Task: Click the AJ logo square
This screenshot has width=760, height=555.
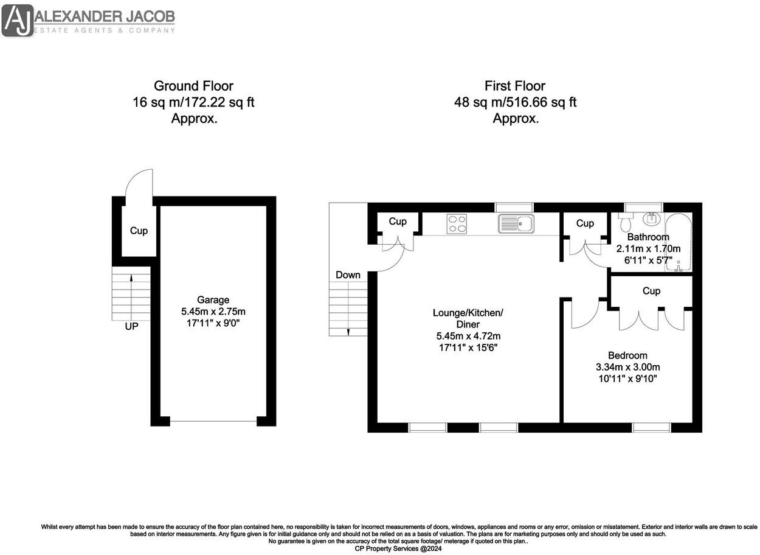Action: click(18, 19)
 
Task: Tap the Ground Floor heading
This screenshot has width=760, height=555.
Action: click(193, 86)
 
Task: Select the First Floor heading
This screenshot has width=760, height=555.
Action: click(514, 86)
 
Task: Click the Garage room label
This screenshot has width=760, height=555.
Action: click(213, 299)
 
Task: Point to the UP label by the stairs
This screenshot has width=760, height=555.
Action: click(131, 326)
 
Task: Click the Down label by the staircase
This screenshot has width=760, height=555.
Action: click(348, 275)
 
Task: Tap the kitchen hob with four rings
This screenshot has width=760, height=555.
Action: click(457, 224)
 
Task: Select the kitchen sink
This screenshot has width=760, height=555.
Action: click(515, 224)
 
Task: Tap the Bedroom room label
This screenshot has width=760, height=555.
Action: click(627, 355)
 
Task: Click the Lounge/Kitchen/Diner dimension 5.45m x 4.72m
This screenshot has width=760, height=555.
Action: click(468, 336)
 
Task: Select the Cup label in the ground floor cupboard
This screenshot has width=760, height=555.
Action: click(139, 231)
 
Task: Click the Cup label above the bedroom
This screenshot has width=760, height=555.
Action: click(651, 291)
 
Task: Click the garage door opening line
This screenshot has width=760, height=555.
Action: click(213, 421)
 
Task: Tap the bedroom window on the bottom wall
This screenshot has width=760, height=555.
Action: click(651, 427)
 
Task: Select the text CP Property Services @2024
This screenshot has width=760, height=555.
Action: click(398, 548)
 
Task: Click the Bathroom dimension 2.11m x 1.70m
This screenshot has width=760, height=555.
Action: click(648, 248)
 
